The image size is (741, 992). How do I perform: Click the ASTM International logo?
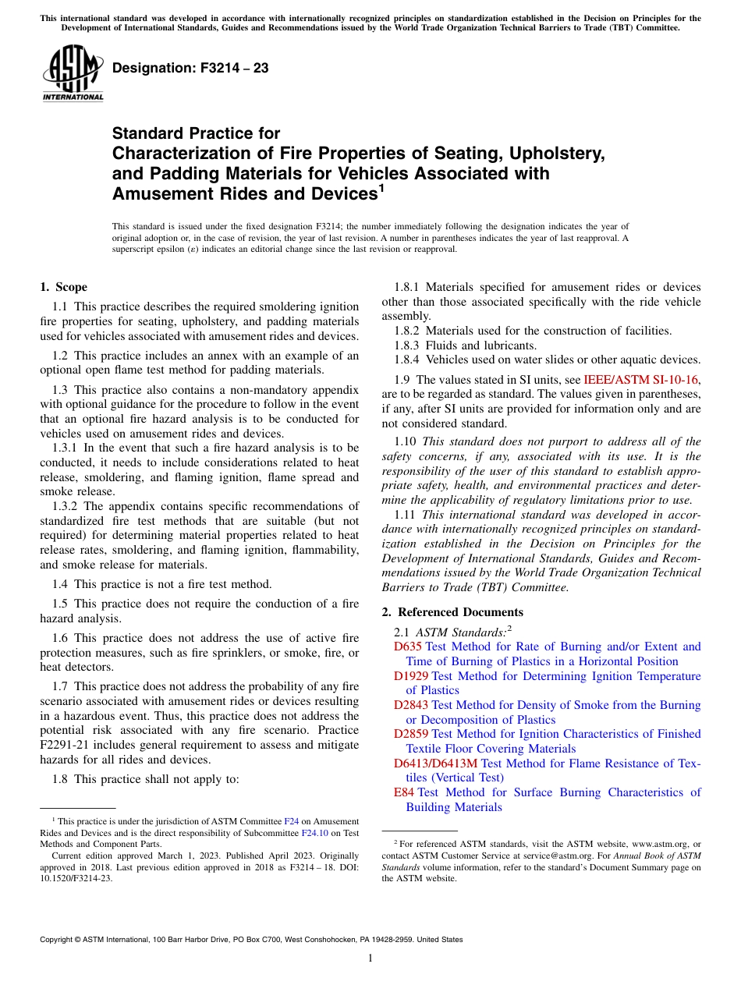(x=73, y=75)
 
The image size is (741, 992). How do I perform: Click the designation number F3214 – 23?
(x=190, y=69)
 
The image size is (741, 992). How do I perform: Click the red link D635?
(x=407, y=647)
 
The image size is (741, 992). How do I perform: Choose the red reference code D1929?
(x=411, y=676)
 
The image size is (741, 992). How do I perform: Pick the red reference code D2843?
(x=411, y=705)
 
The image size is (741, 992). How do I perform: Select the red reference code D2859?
(x=411, y=734)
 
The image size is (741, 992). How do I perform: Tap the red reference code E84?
(x=403, y=792)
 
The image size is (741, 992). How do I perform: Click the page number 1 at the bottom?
(x=370, y=958)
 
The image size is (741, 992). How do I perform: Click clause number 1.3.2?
(x=66, y=506)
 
